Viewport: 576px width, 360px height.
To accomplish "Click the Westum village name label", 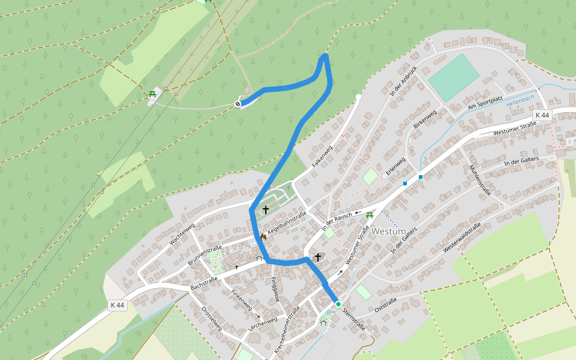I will (x=388, y=231).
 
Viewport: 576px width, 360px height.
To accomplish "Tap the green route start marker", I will (x=338, y=304).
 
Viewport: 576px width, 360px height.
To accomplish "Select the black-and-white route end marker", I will (x=238, y=104).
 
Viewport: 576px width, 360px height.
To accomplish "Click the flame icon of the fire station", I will (x=263, y=238).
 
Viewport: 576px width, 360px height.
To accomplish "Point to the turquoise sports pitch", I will (x=454, y=77).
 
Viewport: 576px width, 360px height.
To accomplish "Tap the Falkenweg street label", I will (x=322, y=156).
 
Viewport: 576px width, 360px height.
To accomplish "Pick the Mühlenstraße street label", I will (x=481, y=180).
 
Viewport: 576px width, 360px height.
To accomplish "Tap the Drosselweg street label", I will (x=212, y=319).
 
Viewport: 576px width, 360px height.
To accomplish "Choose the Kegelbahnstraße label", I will (x=287, y=223).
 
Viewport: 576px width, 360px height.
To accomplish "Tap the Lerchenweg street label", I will (x=262, y=324).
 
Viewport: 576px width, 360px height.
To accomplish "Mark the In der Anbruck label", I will (x=403, y=80).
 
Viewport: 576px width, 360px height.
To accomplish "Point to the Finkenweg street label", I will (x=241, y=299).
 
